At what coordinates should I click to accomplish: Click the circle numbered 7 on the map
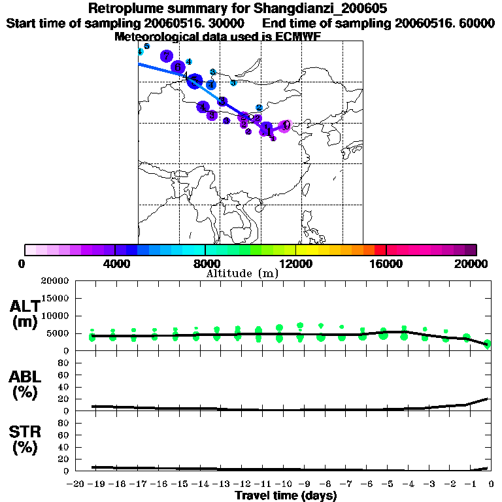point(167,56)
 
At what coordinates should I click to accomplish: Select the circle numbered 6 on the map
point(177,67)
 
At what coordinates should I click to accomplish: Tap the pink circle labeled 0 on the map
point(285,125)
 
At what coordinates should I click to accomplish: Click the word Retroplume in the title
point(122,9)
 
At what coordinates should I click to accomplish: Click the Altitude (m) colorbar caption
point(242,274)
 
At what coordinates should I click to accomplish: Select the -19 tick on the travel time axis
point(94,484)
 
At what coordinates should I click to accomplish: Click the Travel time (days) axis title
point(286,496)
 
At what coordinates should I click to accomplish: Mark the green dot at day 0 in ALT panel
point(488,344)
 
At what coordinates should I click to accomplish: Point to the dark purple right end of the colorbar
point(471,250)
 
